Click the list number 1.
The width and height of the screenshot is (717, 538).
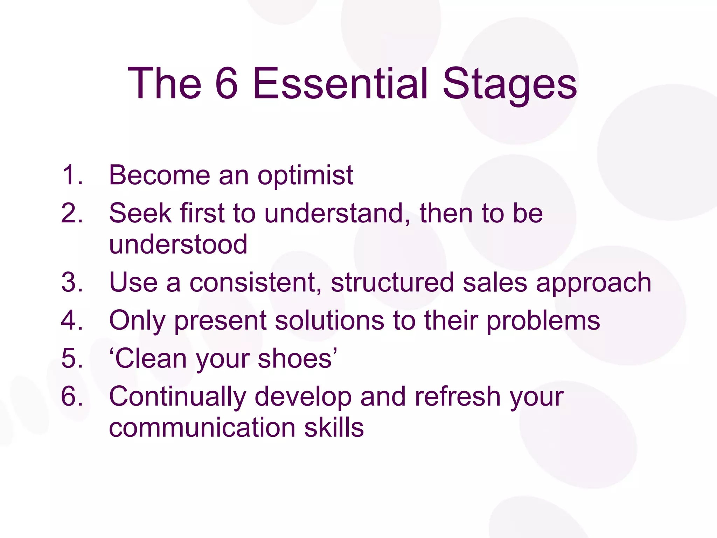point(72,175)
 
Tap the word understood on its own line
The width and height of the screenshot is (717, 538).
point(178,244)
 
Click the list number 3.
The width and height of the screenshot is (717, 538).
point(72,282)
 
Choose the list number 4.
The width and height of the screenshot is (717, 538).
point(72,320)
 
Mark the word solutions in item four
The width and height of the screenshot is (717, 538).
point(329,320)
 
